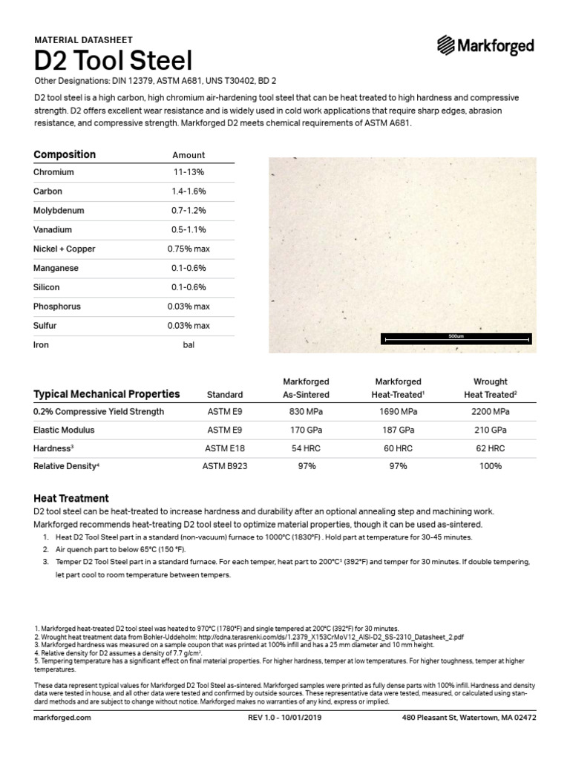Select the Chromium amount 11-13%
pos(188,172)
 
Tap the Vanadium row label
pos(51,230)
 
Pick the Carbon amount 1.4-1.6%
pos(188,191)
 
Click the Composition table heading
pos(65,154)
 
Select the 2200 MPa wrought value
pos(490,411)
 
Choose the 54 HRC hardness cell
pos(307,448)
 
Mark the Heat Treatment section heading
pos(71,499)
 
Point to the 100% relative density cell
pos(490,466)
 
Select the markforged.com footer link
pos(62,718)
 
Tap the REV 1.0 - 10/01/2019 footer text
pos(286,718)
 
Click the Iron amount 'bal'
pos(188,345)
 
